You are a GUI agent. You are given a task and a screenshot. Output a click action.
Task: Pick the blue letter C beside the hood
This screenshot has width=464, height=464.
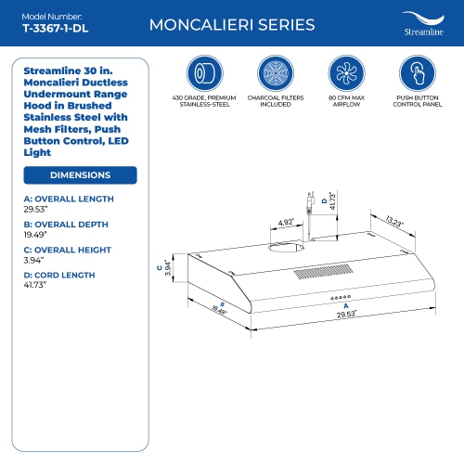pyautogui.click(x=160, y=268)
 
